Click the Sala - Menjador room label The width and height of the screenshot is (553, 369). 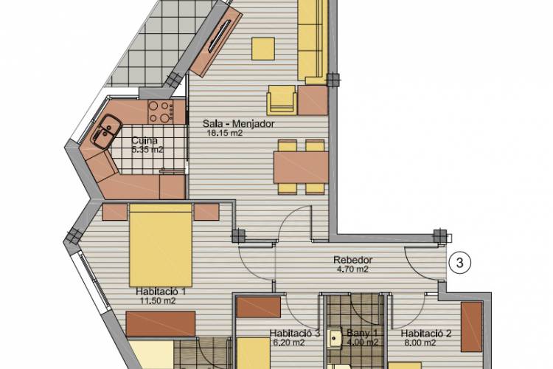[238, 124]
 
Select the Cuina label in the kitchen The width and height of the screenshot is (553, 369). [145, 140]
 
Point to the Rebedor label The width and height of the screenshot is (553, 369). [352, 260]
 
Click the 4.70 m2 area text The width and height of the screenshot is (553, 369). [352, 269]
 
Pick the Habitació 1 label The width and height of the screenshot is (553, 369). [161, 292]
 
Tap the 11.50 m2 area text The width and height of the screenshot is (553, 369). [158, 301]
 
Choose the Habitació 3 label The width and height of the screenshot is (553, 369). [294, 334]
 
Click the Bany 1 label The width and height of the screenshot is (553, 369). [362, 333]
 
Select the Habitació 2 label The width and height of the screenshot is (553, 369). [426, 334]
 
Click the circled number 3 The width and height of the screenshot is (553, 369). [460, 263]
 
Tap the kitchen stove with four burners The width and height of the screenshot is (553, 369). [161, 111]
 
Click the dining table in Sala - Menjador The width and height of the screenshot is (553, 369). [301, 168]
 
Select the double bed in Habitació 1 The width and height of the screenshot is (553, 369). [161, 245]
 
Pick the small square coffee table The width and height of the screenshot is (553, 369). [263, 49]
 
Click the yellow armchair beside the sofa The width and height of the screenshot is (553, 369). [282, 100]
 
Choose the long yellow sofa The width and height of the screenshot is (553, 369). [313, 41]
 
